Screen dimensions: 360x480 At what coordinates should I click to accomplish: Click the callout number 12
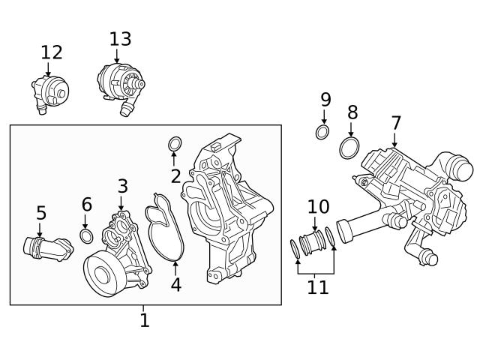coord(52,52)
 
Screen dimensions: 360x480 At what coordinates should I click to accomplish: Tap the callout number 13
coord(120,38)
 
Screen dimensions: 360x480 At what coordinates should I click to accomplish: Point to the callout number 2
coord(175,177)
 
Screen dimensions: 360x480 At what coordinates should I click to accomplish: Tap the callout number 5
coord(41,214)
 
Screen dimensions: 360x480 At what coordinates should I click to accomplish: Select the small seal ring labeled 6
coord(86,238)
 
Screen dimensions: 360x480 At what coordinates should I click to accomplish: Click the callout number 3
coord(122,186)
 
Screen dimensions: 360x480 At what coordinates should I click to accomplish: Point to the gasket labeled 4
coord(165,225)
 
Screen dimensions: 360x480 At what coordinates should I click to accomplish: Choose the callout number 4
coord(175,285)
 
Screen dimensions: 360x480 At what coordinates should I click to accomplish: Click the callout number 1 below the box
coord(145,321)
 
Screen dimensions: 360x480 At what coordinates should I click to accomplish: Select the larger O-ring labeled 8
coord(349,147)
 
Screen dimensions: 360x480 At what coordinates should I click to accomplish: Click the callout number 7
coord(396,123)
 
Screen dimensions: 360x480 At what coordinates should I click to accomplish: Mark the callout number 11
coord(318,287)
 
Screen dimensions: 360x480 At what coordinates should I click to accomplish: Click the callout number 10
coord(318,206)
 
